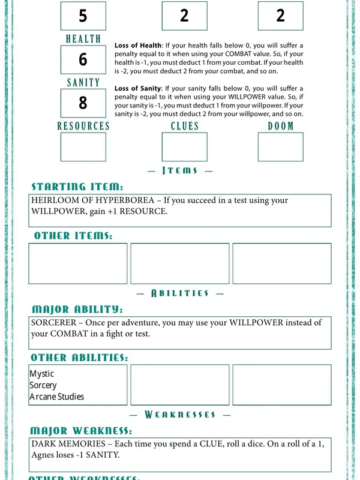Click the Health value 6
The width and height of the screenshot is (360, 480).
tap(83, 59)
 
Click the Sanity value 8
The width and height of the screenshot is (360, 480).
tap(83, 103)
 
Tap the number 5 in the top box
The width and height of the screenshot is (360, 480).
tap(83, 16)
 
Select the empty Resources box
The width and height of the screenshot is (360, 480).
tap(83, 147)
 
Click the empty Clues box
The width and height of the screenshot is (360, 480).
tap(184, 147)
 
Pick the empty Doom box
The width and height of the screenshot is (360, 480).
tap(280, 147)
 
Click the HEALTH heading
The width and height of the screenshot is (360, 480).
tap(83, 39)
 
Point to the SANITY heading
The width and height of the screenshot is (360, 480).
tap(83, 83)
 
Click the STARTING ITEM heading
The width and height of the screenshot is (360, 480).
tap(77, 187)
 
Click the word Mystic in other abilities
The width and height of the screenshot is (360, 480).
tap(41, 374)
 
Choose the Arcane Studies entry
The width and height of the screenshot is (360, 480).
tap(57, 397)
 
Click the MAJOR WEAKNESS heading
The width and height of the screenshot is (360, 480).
tap(81, 431)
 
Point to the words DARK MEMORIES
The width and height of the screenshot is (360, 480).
tap(64, 445)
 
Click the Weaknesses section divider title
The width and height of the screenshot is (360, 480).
tap(180, 415)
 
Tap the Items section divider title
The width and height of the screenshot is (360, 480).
tap(180, 170)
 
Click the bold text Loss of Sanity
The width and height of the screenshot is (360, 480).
tap(138, 89)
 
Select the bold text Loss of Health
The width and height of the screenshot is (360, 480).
tap(138, 46)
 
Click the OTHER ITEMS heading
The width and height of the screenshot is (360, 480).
tap(73, 236)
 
